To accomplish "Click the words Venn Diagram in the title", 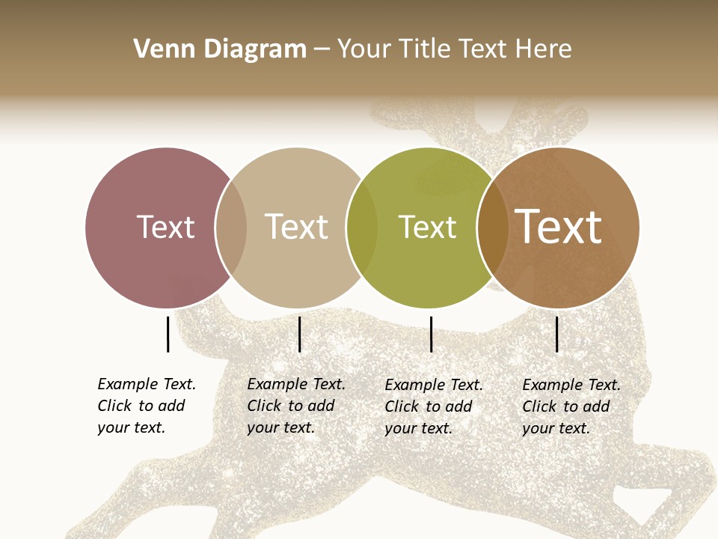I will click(x=220, y=49).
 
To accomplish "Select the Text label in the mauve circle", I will click(x=165, y=227).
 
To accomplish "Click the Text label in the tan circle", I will click(x=297, y=227).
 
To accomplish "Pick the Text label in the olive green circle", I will click(x=427, y=227).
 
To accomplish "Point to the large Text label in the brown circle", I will click(x=559, y=227).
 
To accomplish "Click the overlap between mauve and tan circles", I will click(x=231, y=228).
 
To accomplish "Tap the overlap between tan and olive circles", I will click(x=362, y=228).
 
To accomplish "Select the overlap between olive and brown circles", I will click(x=493, y=228).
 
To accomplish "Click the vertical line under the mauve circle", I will click(x=168, y=334).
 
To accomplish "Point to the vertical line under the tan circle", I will click(x=299, y=334).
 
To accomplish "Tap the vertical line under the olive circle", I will click(x=431, y=334).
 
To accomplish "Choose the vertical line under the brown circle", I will click(x=556, y=334).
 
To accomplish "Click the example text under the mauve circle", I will click(x=147, y=406).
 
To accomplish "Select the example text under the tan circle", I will click(x=296, y=406).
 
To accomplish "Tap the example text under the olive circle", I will click(x=434, y=406).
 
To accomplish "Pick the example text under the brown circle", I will click(x=571, y=406).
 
